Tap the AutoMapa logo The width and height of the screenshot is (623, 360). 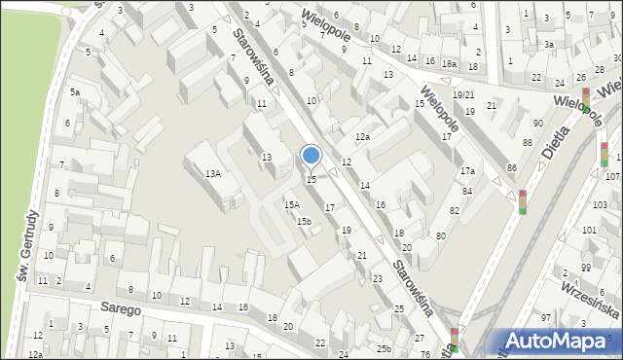[558, 341]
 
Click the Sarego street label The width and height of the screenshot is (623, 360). [120, 308]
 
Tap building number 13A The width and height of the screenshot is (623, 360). [212, 173]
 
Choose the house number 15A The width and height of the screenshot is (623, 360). [291, 204]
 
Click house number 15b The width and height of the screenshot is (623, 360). [304, 221]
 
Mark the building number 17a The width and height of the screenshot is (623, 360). [467, 170]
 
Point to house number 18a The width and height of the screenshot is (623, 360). [449, 64]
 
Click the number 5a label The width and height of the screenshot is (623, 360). [74, 91]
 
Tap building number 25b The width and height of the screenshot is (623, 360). [385, 348]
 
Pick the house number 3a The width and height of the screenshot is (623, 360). [549, 45]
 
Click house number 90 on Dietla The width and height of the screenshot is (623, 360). [538, 123]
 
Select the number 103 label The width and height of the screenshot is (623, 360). [601, 205]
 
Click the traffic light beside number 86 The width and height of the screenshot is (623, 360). [522, 201]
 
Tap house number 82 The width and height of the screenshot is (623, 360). [454, 211]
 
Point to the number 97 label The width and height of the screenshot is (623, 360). [546, 318]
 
